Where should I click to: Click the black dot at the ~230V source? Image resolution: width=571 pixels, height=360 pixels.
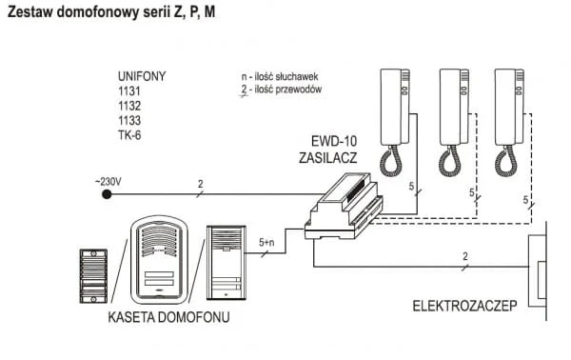(x=107, y=194)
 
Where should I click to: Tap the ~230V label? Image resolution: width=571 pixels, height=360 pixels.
(x=108, y=182)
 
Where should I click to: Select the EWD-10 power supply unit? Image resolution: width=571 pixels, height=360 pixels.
(x=344, y=207)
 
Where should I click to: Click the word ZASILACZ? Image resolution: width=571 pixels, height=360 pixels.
(x=327, y=158)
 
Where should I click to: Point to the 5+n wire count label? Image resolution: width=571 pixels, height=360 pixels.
(x=266, y=242)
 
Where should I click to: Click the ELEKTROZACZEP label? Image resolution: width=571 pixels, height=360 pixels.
(x=464, y=306)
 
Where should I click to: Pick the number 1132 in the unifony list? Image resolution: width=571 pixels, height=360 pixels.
(x=129, y=106)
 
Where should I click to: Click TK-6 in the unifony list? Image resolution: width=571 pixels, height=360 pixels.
(x=129, y=135)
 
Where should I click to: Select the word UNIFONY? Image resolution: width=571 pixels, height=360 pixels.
(x=142, y=76)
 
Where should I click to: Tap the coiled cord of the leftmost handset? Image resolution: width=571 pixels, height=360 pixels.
(x=391, y=162)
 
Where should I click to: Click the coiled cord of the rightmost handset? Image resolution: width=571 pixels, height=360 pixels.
(x=506, y=162)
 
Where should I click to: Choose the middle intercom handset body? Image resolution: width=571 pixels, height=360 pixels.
(x=454, y=107)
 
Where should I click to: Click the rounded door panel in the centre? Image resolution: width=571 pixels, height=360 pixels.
(x=159, y=259)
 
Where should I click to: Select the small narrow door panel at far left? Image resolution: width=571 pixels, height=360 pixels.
(x=93, y=276)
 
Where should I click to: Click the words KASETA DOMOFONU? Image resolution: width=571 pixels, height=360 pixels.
(x=169, y=317)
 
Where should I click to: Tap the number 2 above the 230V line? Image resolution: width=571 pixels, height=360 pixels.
(x=200, y=185)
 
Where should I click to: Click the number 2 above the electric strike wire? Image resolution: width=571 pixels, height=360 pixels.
(x=465, y=256)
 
